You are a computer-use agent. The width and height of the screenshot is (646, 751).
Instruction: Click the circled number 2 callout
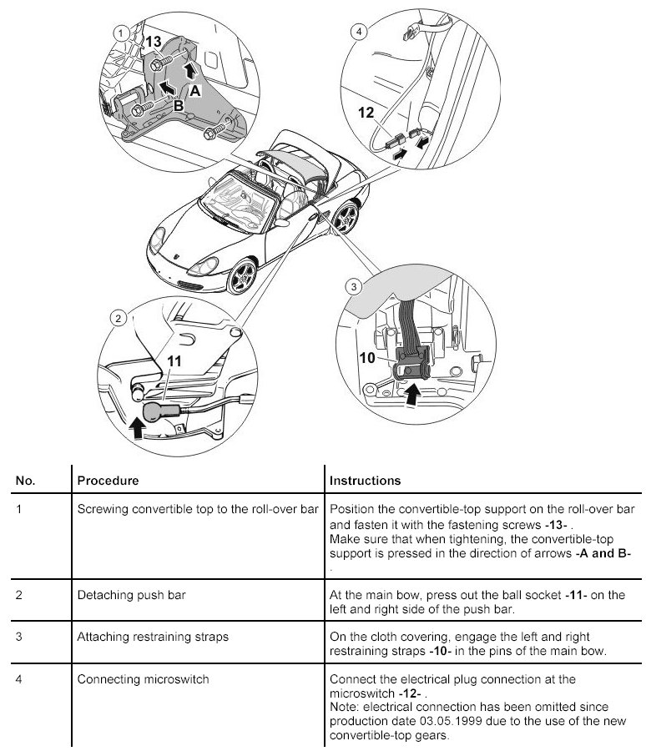(119, 318)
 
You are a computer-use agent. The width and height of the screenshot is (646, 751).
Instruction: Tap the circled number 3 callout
(353, 287)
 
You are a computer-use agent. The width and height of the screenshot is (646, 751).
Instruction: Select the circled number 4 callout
(359, 33)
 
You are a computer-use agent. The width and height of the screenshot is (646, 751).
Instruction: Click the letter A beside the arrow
(194, 89)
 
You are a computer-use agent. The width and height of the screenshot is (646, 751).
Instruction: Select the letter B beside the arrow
(178, 105)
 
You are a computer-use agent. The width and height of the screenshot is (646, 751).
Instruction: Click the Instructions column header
(365, 481)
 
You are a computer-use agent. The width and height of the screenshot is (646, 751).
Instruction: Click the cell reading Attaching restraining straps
(153, 636)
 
